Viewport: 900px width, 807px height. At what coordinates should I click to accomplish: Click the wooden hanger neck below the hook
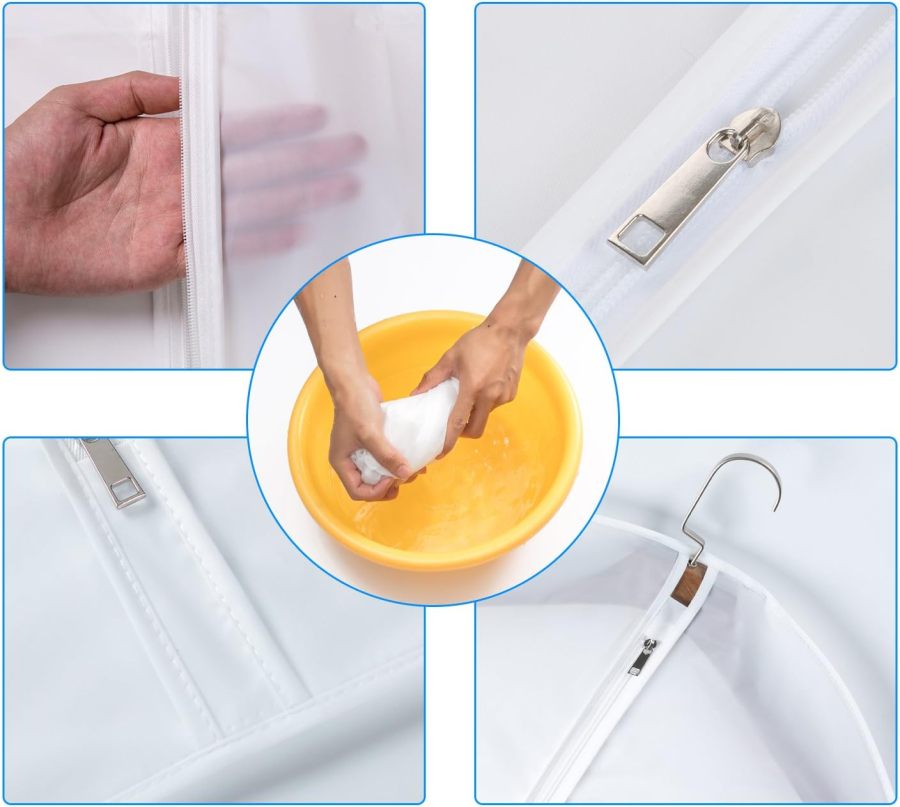[x=688, y=583]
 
